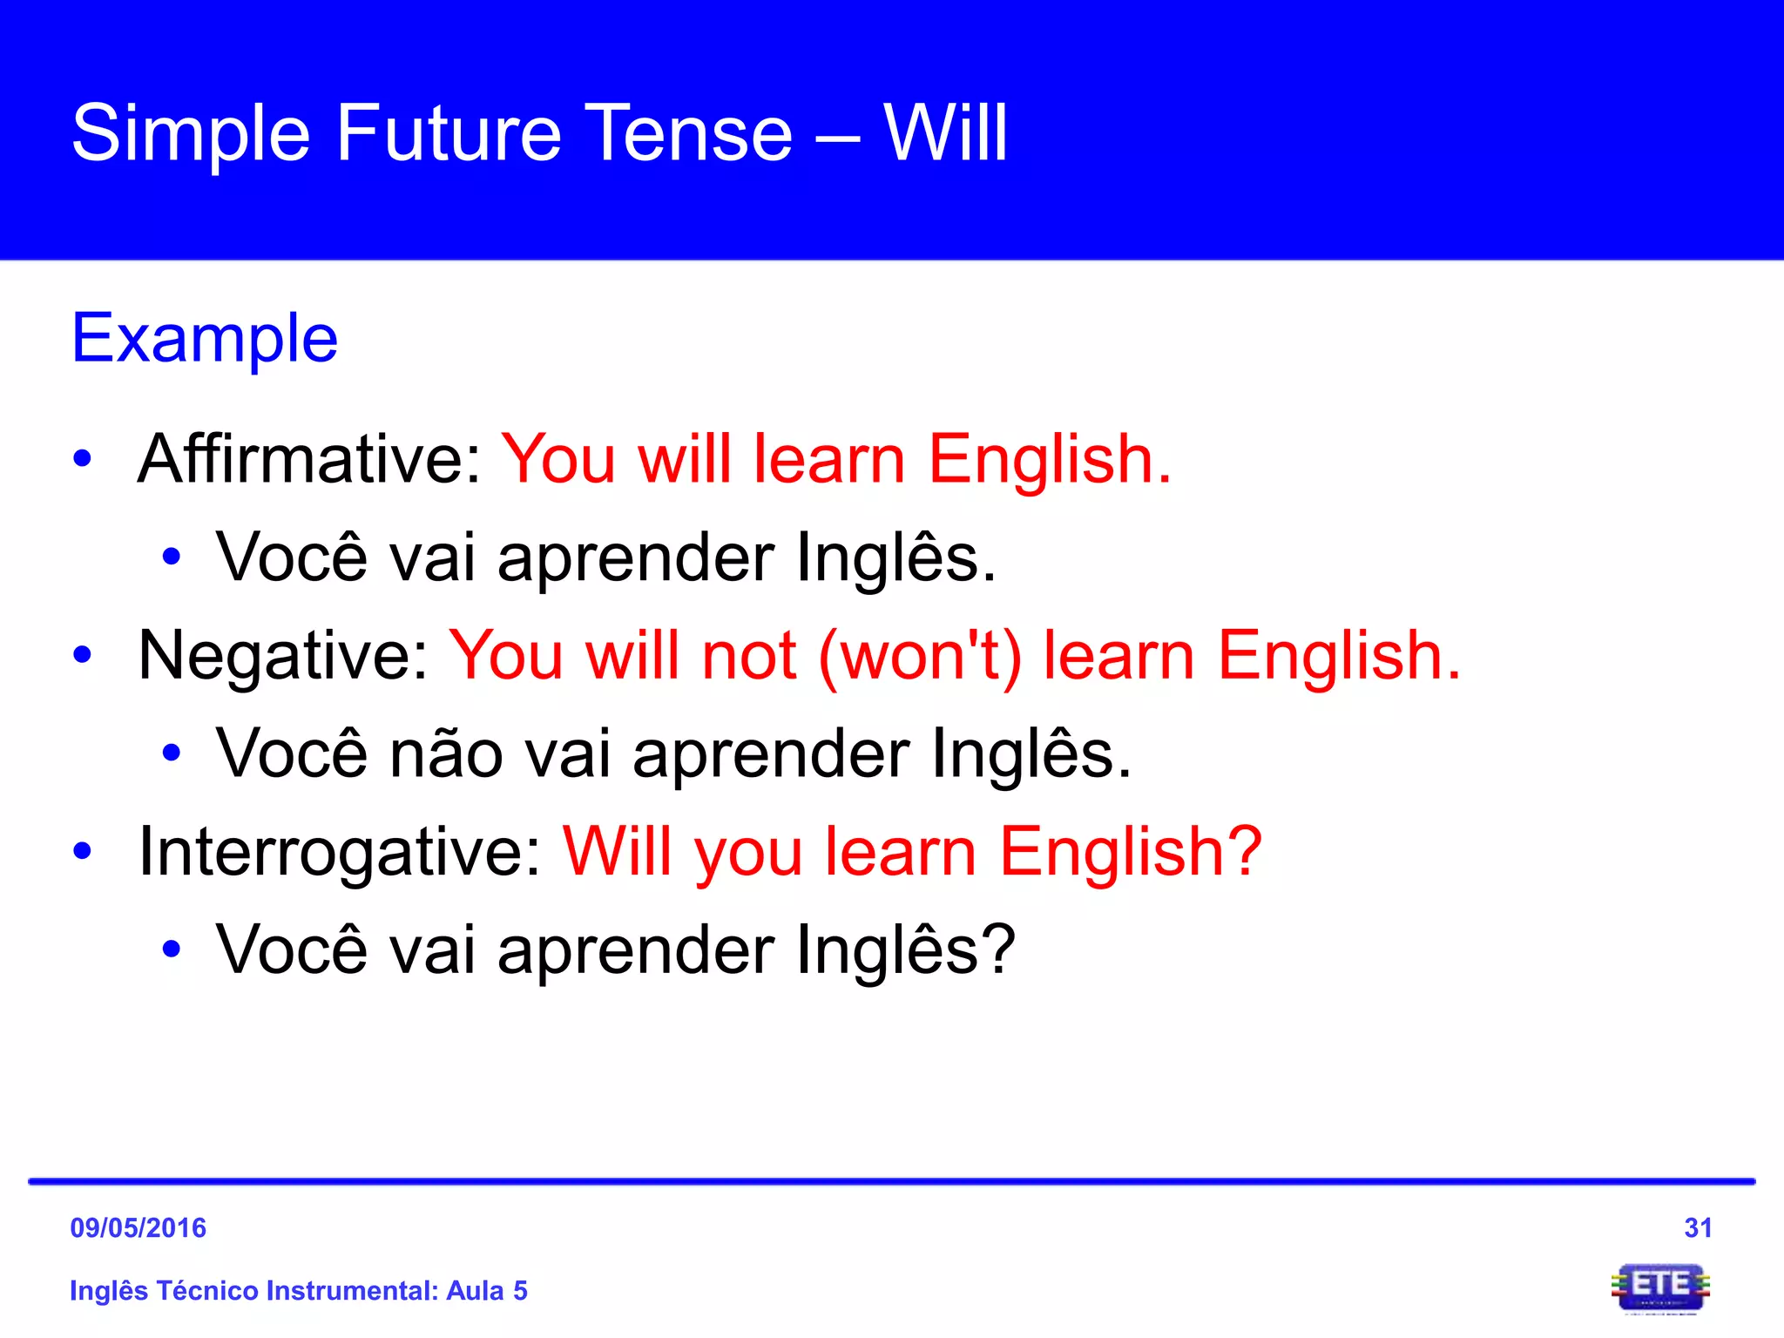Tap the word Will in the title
coord(945,133)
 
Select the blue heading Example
coord(205,338)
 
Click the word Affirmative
coord(309,459)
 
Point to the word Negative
coord(283,655)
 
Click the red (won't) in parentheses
coord(920,655)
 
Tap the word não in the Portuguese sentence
coord(446,753)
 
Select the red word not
coord(749,655)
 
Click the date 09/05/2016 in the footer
coord(138,1228)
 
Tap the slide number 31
coord(1698,1228)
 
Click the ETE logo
coord(1660,1287)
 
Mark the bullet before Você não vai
coord(172,753)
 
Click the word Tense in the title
coord(688,133)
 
